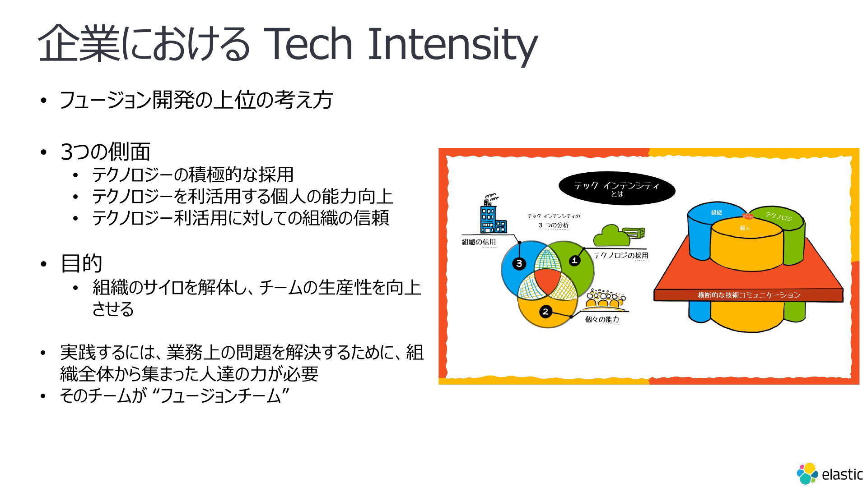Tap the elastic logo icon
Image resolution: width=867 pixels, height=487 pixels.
click(x=807, y=473)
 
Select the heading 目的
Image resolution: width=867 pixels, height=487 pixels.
click(x=81, y=263)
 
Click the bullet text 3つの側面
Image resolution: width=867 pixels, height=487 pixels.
click(x=105, y=152)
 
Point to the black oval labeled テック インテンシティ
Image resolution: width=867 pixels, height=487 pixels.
click(x=617, y=189)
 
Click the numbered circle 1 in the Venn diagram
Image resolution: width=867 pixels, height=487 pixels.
click(x=574, y=260)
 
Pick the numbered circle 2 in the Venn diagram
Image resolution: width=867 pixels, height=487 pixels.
click(x=545, y=312)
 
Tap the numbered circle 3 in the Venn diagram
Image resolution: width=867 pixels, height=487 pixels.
click(x=519, y=263)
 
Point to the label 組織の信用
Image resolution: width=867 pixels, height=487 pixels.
click(x=479, y=242)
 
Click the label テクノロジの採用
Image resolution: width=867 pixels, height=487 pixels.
click(x=621, y=256)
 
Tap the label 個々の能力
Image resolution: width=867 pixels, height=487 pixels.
click(x=602, y=319)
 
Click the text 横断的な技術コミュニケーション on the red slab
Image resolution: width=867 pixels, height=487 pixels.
click(x=749, y=295)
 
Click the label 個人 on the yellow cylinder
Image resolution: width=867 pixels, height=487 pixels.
click(x=745, y=228)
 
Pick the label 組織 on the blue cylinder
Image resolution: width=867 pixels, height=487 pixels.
click(x=716, y=212)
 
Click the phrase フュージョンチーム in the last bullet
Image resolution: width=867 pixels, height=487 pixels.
click(x=221, y=396)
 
